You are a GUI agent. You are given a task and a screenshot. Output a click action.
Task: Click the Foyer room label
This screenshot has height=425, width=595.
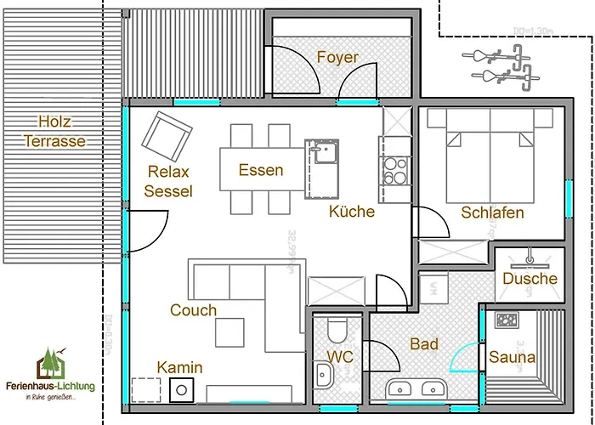(337, 58)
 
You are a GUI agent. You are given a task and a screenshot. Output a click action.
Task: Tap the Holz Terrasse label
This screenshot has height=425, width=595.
(54, 131)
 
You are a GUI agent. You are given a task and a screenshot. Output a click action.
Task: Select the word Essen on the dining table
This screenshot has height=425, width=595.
(261, 170)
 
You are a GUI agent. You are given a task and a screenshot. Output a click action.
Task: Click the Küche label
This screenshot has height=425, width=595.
(352, 212)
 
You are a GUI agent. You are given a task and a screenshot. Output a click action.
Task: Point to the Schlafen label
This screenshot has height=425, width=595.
(492, 212)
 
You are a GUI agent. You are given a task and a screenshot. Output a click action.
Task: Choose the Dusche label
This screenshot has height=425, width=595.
(530, 279)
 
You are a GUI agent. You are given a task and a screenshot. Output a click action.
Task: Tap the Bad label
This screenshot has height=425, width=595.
(424, 344)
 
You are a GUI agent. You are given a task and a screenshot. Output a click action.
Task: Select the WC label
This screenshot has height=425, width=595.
(340, 358)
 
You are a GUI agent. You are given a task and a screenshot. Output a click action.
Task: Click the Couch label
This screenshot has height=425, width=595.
(193, 310)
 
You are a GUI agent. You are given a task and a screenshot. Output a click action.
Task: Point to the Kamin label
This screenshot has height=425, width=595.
(179, 367)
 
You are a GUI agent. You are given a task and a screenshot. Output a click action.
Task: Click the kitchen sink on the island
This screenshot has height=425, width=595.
(324, 153)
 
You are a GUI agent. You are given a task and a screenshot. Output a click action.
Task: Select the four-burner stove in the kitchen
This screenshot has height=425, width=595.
(394, 170)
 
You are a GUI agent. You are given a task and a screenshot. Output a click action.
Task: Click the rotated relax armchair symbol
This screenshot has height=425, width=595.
(167, 133)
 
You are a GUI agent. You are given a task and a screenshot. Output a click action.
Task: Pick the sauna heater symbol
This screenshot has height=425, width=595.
(507, 320)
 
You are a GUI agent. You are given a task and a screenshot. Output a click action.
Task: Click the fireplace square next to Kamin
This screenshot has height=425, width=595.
(182, 390)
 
